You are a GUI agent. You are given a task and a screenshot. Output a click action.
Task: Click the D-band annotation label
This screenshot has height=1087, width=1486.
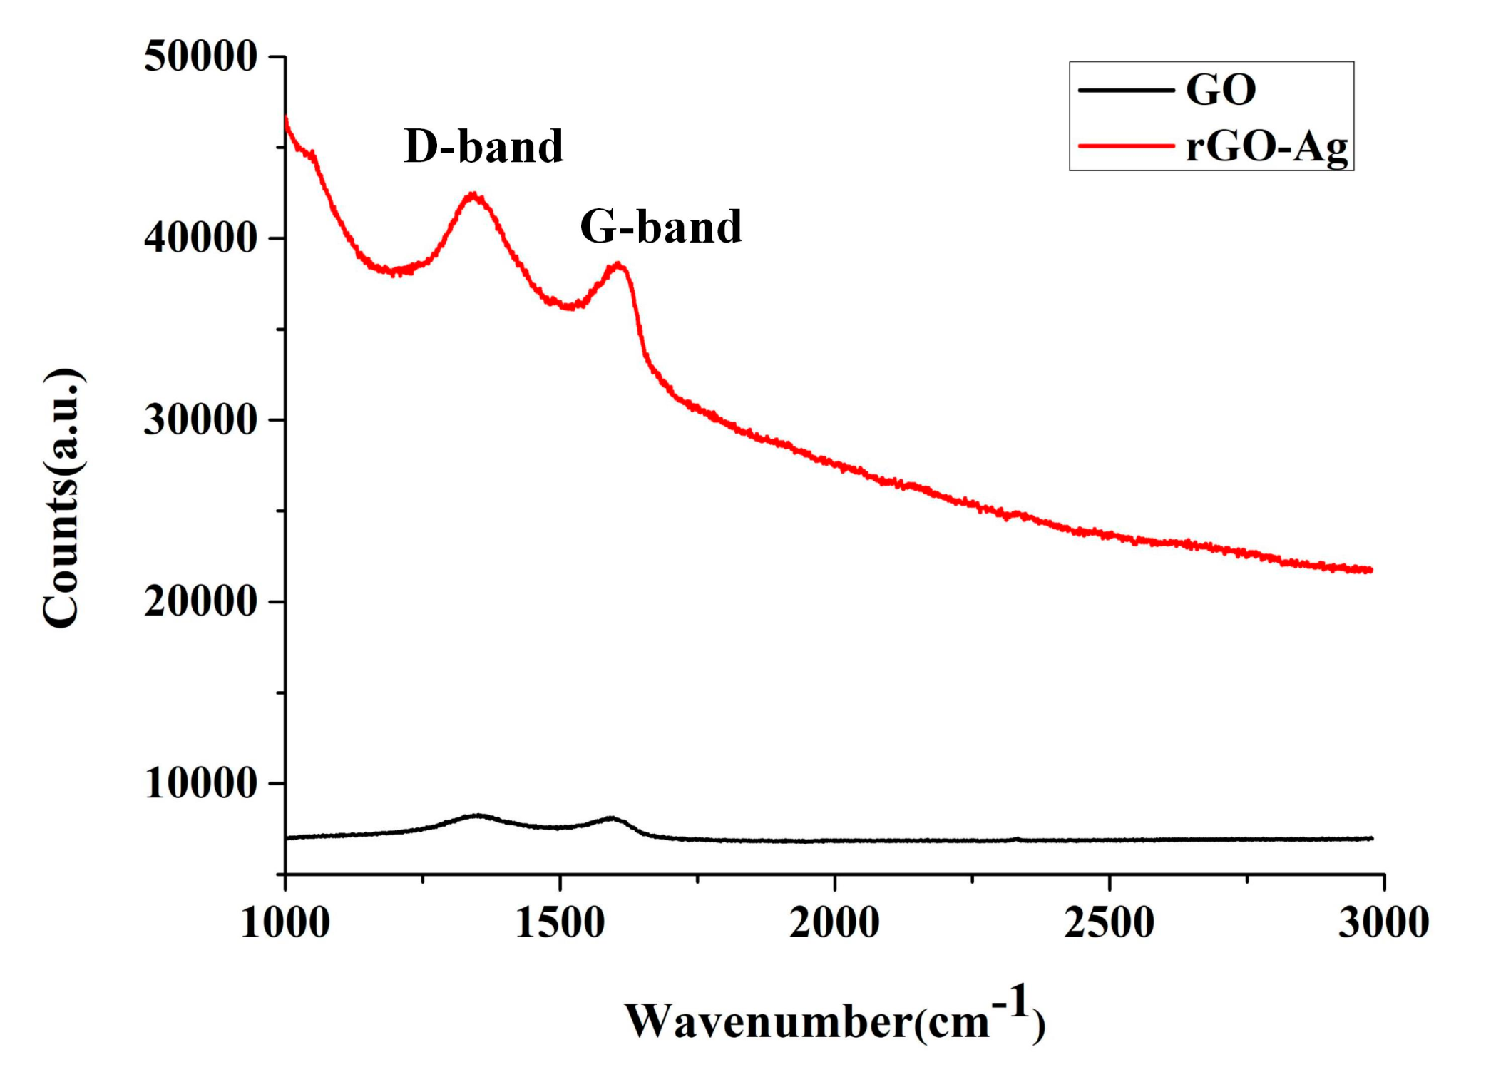[483, 147]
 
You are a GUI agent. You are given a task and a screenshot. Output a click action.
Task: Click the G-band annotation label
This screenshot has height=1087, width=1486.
[661, 227]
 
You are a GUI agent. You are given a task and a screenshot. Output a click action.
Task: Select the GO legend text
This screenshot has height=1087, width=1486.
[1220, 90]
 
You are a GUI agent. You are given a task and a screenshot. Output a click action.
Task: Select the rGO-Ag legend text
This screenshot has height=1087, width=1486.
[1266, 148]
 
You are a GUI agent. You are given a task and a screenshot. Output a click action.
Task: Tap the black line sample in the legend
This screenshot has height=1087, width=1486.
[1126, 90]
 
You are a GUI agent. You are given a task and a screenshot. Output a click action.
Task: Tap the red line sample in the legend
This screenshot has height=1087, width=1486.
[1126, 146]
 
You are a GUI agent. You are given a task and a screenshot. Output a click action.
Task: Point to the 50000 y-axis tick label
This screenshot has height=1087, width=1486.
[200, 56]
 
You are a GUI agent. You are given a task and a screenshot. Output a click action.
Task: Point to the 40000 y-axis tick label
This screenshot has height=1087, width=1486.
[200, 238]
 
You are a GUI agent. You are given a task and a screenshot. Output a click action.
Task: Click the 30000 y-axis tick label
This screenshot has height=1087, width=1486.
[200, 420]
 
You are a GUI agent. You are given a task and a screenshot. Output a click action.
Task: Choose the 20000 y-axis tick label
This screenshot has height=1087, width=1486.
[200, 602]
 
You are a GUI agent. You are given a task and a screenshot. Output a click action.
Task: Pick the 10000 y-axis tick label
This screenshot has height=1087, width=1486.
[200, 783]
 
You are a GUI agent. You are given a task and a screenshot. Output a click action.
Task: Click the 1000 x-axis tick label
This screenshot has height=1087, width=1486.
[285, 922]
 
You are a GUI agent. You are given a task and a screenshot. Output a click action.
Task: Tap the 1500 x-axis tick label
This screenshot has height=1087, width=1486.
[560, 922]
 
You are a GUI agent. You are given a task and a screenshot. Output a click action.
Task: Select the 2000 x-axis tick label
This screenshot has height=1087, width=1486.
[834, 922]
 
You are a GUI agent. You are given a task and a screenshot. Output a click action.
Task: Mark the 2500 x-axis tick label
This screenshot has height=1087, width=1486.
[1109, 922]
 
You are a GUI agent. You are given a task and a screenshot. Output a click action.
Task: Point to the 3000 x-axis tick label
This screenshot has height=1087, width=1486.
[1383, 922]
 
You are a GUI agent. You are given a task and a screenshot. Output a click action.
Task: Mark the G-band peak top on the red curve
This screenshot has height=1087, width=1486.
[618, 265]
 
